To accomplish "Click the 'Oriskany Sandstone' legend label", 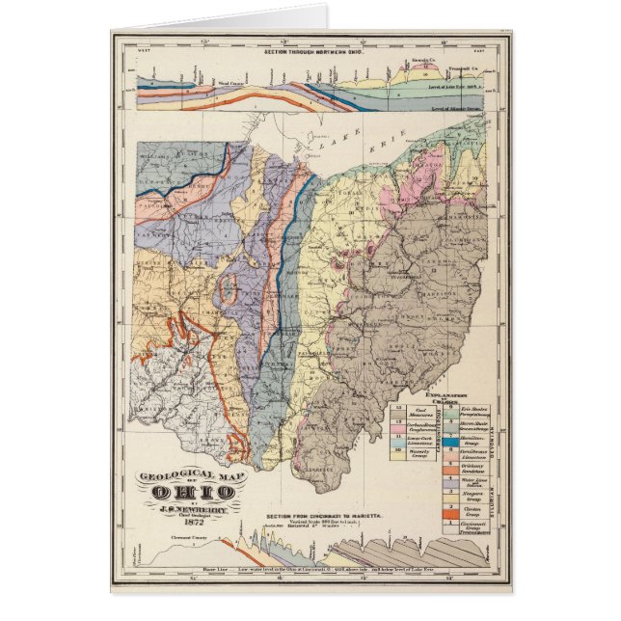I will click(x=472, y=463).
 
